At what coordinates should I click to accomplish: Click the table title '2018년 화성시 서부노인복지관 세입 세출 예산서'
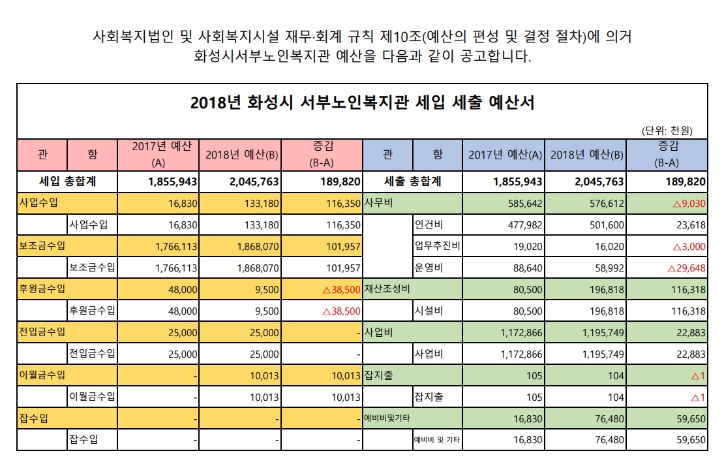click(363, 103)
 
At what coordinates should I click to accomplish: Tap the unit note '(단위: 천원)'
click(667, 131)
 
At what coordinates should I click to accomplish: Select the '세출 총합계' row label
click(413, 181)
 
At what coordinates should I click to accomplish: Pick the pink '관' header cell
click(42, 155)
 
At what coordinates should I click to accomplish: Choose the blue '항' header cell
click(438, 155)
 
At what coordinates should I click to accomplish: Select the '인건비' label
click(431, 225)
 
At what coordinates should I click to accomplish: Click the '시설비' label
click(431, 311)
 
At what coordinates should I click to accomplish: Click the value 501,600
click(602, 225)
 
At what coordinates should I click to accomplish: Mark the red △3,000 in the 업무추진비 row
click(684, 247)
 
